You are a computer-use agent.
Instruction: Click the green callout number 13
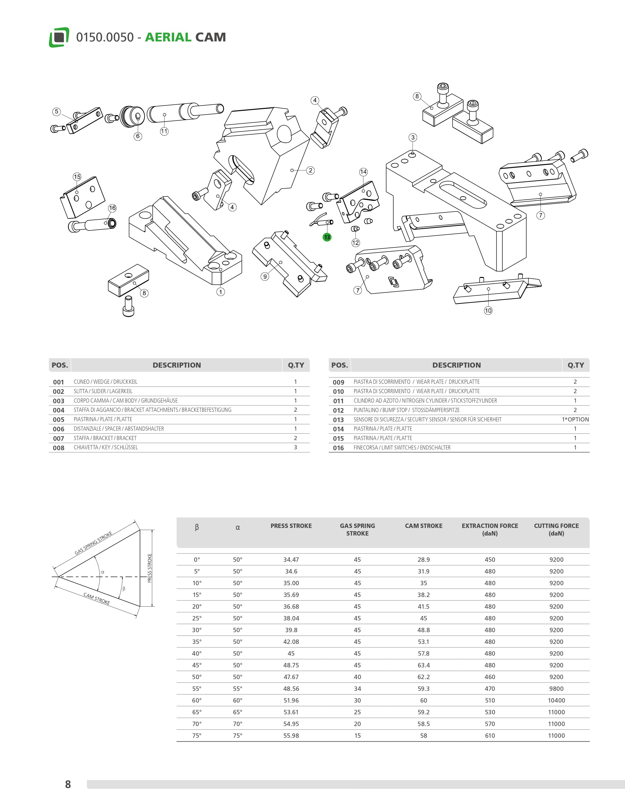click(x=327, y=237)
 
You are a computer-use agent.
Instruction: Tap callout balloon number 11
click(x=164, y=131)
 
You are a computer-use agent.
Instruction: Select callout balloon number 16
click(x=112, y=208)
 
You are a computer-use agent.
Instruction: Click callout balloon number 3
click(x=413, y=138)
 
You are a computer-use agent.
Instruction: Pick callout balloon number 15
click(x=77, y=177)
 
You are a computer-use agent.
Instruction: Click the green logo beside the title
click(x=59, y=37)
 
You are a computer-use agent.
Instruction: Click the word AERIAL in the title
click(x=168, y=37)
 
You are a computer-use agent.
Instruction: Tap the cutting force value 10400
click(x=556, y=700)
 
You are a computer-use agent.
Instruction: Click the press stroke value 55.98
click(x=291, y=735)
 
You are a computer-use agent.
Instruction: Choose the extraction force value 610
click(x=490, y=735)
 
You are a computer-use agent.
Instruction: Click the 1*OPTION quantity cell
click(x=575, y=419)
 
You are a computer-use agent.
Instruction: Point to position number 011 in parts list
click(x=338, y=401)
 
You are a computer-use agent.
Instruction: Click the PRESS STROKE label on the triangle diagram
click(x=150, y=568)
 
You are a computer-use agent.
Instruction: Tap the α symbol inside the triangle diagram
click(x=103, y=572)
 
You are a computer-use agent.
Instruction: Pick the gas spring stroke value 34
click(x=357, y=688)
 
